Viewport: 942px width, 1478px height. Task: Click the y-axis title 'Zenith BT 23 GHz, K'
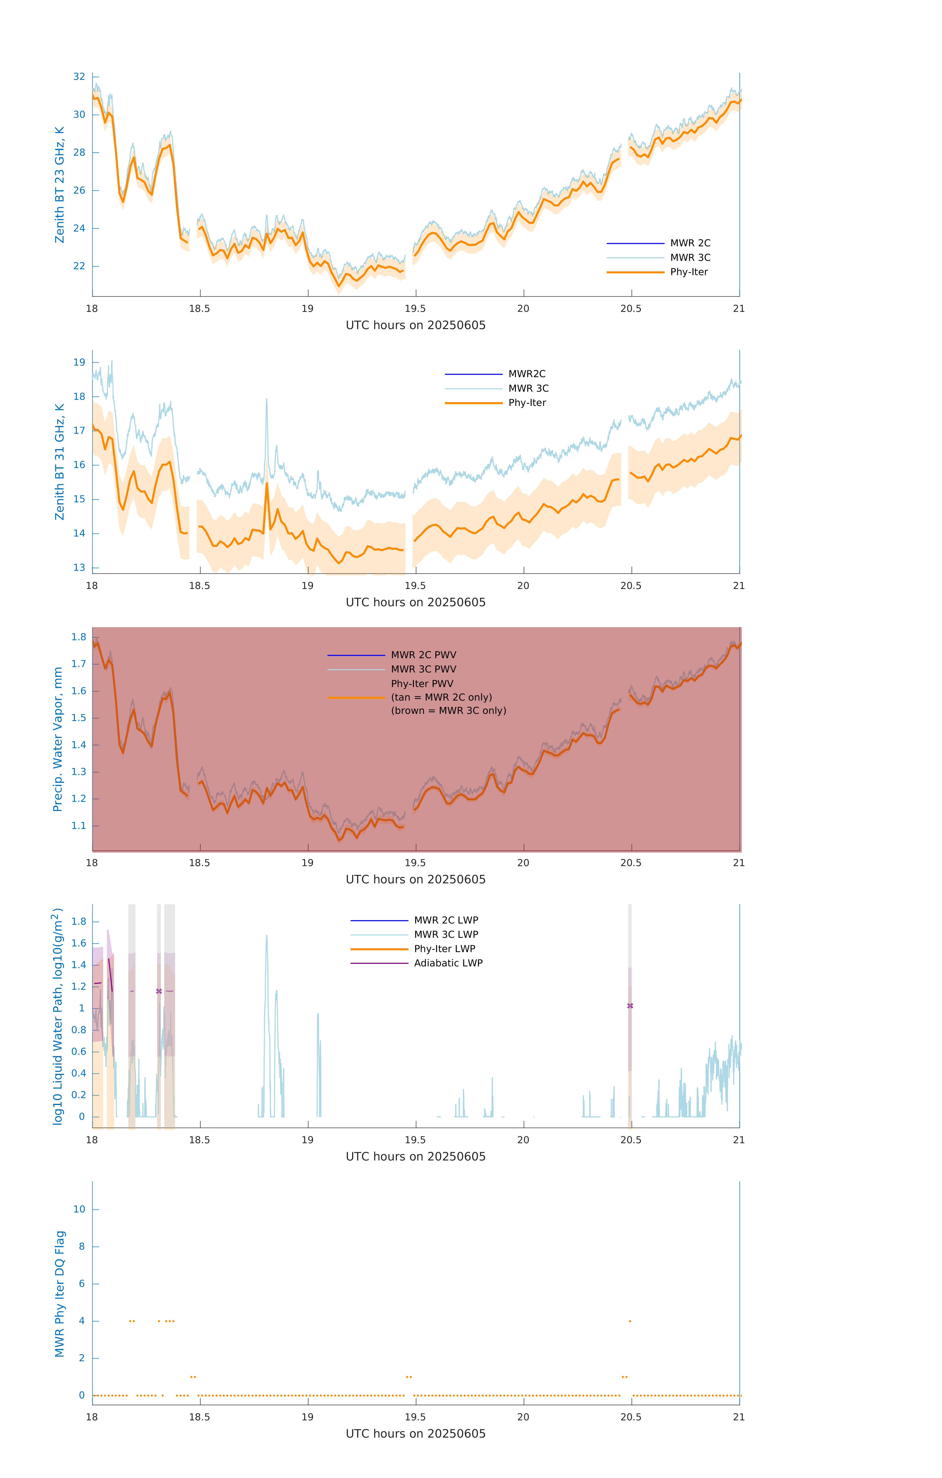pos(60,185)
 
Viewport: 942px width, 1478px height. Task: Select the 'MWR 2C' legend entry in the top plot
pos(690,243)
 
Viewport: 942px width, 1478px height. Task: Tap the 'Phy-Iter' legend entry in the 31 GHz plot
pos(527,403)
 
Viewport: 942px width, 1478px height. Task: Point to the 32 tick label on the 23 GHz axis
pos(79,77)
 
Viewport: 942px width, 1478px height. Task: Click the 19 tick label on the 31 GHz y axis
pos(79,362)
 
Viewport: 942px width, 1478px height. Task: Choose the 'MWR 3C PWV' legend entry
pos(423,669)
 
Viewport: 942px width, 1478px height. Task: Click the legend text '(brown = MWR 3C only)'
pos(449,711)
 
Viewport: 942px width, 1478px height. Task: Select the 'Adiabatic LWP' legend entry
pos(448,963)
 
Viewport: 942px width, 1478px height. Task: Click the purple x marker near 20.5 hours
pos(630,1006)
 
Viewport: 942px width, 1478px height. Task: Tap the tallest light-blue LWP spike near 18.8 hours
pos(266,937)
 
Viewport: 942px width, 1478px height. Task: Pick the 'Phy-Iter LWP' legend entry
pos(444,949)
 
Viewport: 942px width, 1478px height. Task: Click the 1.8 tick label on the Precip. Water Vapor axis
pos(79,637)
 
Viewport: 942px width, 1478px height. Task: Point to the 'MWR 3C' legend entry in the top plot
pos(690,258)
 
